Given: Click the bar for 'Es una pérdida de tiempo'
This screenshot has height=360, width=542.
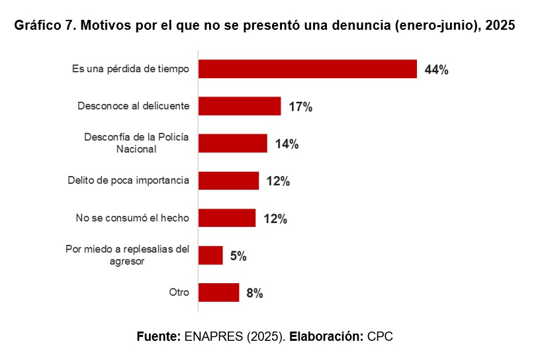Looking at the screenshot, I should (x=308, y=69).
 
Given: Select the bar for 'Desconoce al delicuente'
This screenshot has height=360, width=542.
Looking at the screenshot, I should (x=240, y=106).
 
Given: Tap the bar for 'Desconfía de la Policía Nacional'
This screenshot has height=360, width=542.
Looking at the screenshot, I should (x=233, y=144).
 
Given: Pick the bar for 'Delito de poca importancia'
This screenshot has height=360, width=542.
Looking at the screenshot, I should (x=229, y=181).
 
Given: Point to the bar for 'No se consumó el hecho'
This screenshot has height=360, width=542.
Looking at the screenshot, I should (x=227, y=218).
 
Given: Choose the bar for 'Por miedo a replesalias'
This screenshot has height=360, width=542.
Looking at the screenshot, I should (x=210, y=255).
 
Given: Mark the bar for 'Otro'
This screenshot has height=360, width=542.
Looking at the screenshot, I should (x=219, y=292).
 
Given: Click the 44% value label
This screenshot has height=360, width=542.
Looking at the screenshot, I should (x=437, y=69).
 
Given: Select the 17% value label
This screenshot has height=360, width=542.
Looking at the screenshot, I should (x=300, y=107).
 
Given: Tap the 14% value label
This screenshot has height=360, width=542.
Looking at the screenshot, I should (x=287, y=144).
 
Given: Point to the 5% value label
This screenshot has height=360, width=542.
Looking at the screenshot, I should (x=238, y=256).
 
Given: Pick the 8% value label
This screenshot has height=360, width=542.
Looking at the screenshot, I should (x=255, y=293).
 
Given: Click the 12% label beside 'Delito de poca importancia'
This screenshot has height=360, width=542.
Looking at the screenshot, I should (x=278, y=181).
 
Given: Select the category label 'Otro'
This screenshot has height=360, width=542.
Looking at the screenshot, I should (x=179, y=292).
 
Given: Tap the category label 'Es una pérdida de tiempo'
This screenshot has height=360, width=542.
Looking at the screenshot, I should (x=130, y=68).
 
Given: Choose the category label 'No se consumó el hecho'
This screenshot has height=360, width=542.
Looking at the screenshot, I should (x=132, y=218).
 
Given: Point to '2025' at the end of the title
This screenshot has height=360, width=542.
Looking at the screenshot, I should (x=500, y=26).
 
